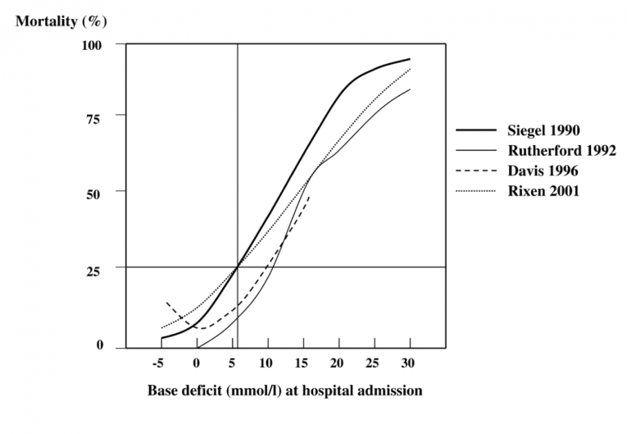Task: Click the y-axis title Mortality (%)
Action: click(x=61, y=19)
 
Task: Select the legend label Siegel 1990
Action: click(x=544, y=130)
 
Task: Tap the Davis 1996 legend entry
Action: click(x=542, y=171)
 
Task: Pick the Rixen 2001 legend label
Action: click(x=543, y=192)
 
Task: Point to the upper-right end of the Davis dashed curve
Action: click(x=310, y=197)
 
